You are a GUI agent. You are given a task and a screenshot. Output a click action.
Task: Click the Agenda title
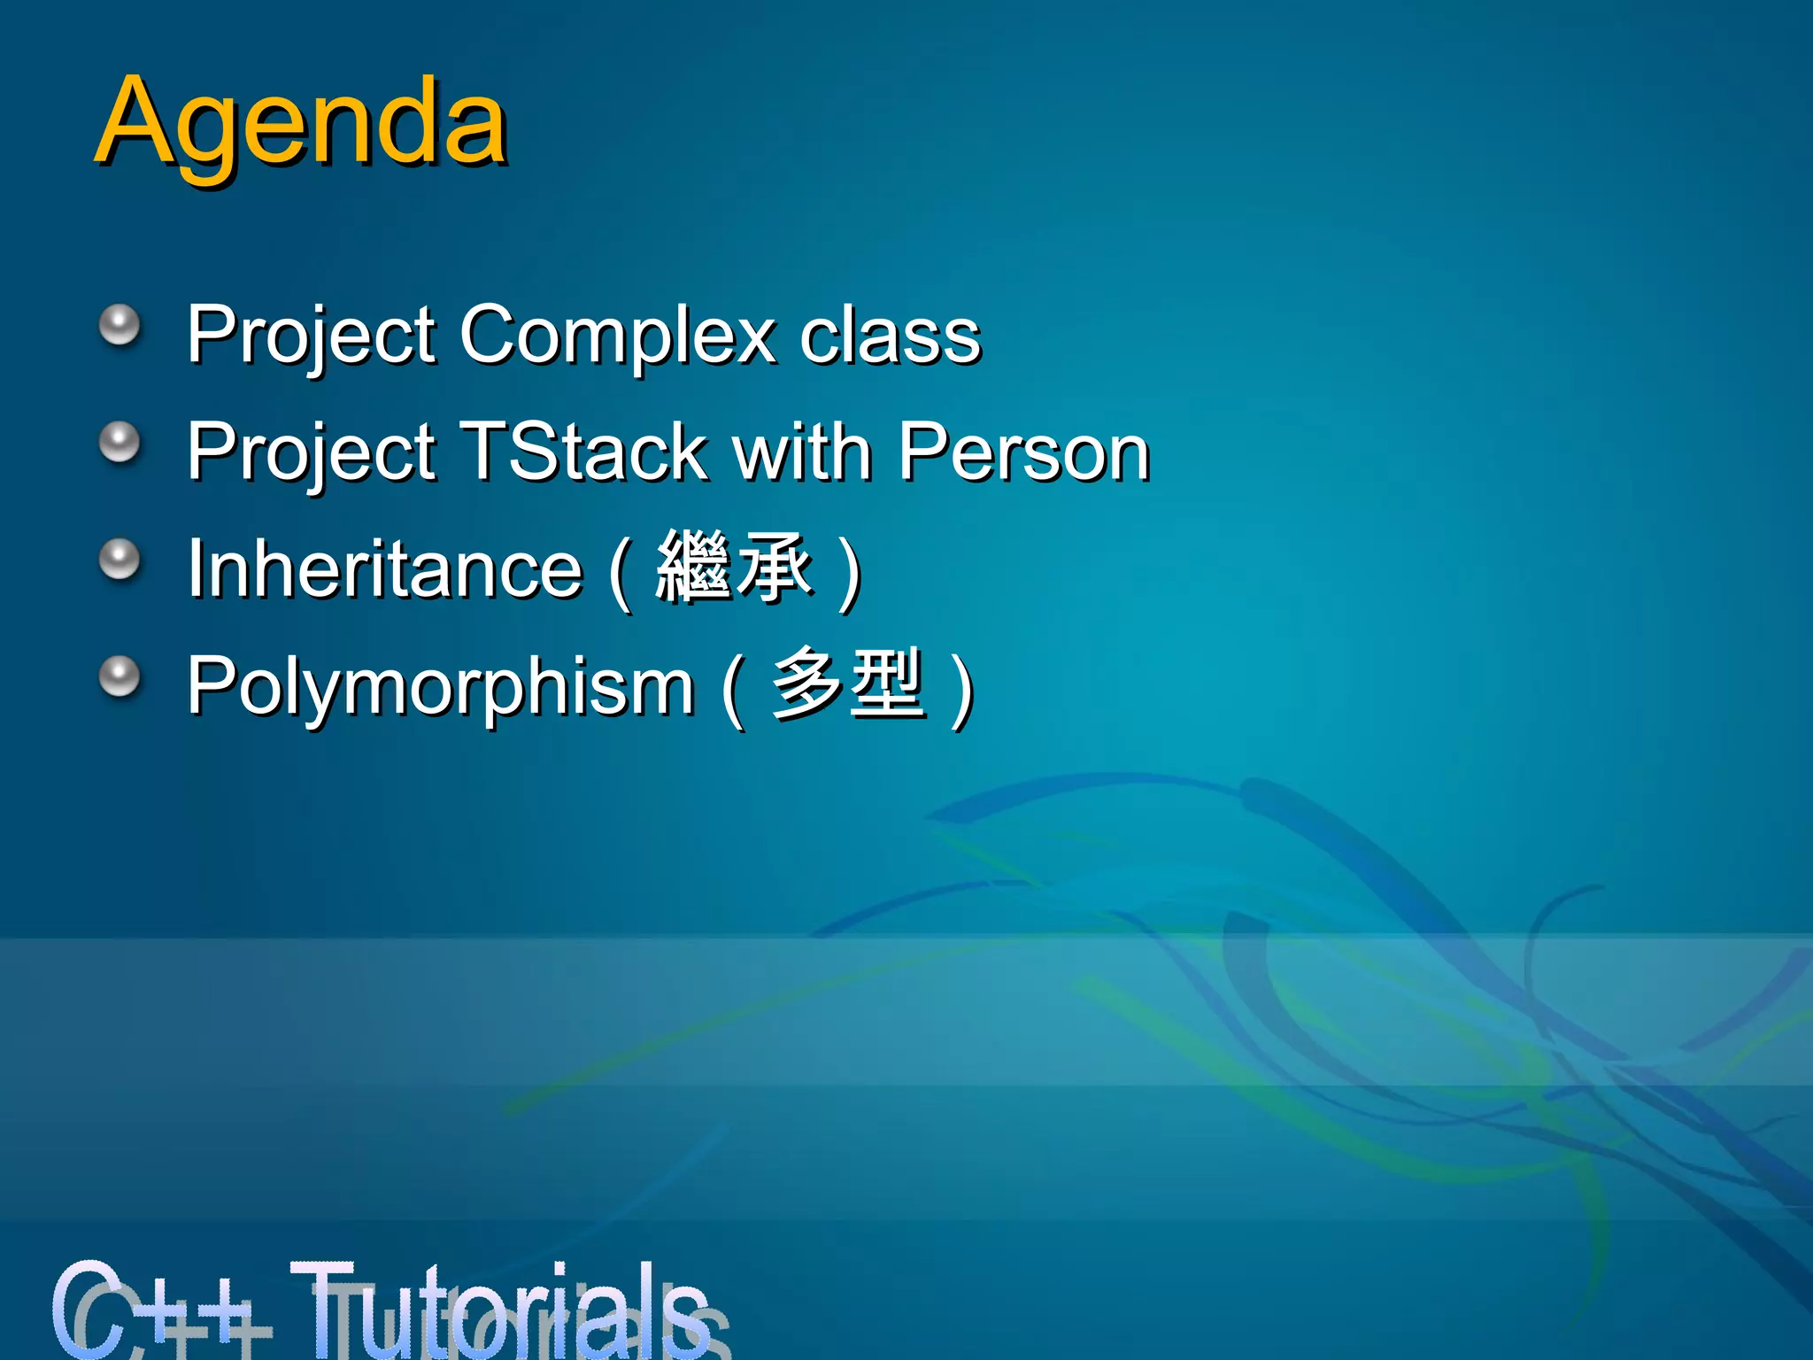(x=301, y=124)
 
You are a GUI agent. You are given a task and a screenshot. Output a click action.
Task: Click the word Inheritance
(x=385, y=569)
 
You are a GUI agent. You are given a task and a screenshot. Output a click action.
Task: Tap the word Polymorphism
(x=440, y=687)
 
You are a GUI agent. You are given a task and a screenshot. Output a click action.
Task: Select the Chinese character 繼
(x=693, y=567)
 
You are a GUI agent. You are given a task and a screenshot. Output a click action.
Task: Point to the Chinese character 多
(x=806, y=684)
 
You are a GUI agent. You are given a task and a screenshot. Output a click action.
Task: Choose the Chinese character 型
(x=886, y=684)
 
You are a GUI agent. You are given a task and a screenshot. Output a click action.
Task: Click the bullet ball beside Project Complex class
(x=120, y=326)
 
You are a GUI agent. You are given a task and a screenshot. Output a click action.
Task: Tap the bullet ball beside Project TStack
(x=120, y=442)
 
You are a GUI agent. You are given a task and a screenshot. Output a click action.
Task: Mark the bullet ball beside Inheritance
(x=120, y=560)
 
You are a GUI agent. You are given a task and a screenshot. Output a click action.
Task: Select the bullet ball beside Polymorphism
(x=120, y=677)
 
